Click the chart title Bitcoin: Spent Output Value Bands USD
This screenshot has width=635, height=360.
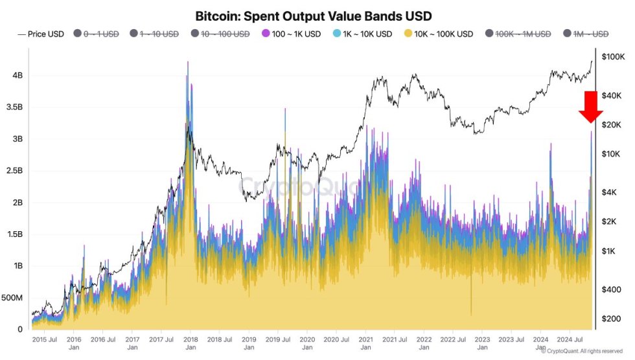coord(314,15)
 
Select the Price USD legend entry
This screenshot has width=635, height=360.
coord(41,34)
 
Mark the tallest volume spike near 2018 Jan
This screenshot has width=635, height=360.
coord(188,63)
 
